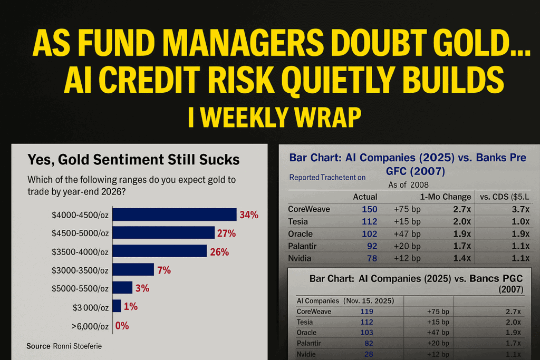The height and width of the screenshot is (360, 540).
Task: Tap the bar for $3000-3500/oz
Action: point(133,270)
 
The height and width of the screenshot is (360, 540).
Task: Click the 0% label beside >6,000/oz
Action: point(122,326)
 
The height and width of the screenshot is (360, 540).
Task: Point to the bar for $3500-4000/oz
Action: point(160,251)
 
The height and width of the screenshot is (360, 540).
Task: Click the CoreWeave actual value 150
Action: point(370,209)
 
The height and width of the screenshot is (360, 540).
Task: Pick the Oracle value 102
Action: point(370,233)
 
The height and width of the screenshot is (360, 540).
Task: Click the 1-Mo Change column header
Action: point(446,197)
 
